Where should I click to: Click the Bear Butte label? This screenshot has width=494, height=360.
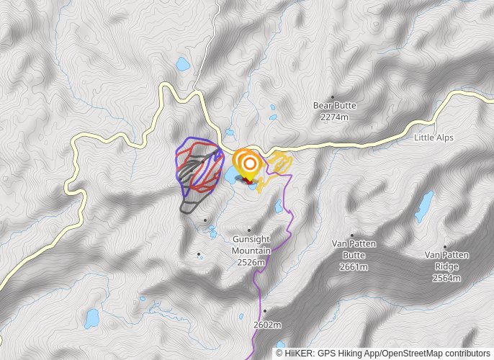pos(334,106)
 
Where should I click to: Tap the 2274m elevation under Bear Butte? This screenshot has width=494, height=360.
pos(334,117)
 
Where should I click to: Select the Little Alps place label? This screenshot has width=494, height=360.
pos(434,138)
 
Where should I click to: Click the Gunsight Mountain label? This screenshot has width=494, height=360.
pos(251,246)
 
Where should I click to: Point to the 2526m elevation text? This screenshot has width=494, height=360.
pos(251,263)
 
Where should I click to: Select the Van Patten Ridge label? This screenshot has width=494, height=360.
pos(446,260)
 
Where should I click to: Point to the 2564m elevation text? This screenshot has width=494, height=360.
pos(446,278)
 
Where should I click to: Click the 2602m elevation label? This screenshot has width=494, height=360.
pos(266,325)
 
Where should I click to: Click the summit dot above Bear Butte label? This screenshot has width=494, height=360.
pos(333,96)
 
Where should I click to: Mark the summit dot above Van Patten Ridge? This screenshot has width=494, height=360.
pos(445,246)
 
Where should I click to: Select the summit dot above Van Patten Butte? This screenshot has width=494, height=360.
pos(352,235)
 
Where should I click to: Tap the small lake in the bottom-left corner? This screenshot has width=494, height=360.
pos(92,317)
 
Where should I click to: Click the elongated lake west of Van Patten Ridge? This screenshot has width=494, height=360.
pos(425,207)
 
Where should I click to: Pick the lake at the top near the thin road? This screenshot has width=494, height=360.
pos(183,66)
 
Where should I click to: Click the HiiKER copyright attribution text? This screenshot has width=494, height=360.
pos(382,354)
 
